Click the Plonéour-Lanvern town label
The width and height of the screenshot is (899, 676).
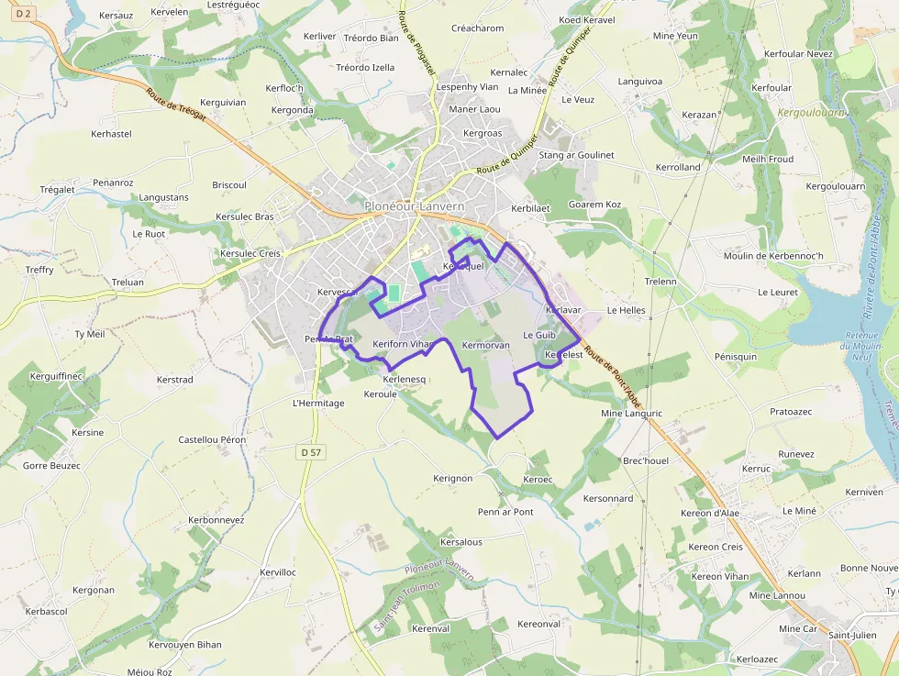click(x=414, y=206)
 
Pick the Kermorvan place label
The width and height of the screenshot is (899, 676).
click(x=486, y=346)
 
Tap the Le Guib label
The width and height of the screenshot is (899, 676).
click(x=539, y=336)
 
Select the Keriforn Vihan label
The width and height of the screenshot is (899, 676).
click(x=402, y=344)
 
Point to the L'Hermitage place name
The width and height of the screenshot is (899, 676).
click(x=318, y=403)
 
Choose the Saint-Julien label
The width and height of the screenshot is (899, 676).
click(x=852, y=635)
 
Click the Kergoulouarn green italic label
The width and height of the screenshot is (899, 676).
click(x=811, y=113)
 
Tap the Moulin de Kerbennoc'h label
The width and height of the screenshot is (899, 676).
click(x=773, y=255)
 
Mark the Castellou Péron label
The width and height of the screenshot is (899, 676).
click(x=212, y=440)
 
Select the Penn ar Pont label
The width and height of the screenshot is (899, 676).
click(x=505, y=512)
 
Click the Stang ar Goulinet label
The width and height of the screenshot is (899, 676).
click(x=576, y=155)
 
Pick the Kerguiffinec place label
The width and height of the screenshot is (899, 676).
click(x=57, y=376)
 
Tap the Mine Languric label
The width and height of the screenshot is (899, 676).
click(x=630, y=414)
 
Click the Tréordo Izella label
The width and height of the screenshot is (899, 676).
click(x=365, y=67)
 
